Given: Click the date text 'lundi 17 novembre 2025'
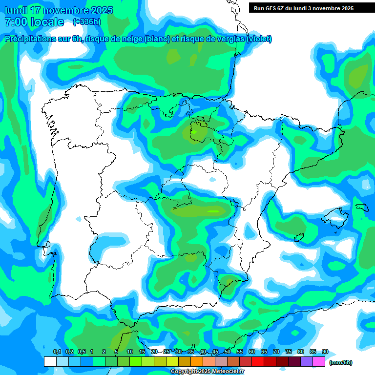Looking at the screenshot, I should tap(59, 10).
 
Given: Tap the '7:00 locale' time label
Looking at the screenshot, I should tap(34, 22).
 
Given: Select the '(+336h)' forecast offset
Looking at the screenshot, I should tap(87, 22).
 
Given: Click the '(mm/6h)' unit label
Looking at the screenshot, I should tap(340, 362).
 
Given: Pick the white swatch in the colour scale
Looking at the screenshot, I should tap(50, 361).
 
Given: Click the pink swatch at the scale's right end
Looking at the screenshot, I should tap(319, 361).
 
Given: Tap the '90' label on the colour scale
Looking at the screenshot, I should tap(325, 352).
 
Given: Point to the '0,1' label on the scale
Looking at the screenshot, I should tap(57, 352).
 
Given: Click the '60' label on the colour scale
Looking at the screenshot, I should tap(252, 352).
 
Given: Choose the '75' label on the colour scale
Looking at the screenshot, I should tap(289, 352).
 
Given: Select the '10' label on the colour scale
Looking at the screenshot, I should tap(130, 352).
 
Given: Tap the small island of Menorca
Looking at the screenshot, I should tap(362, 207).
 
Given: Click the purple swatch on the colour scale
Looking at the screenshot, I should tap(307, 361).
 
